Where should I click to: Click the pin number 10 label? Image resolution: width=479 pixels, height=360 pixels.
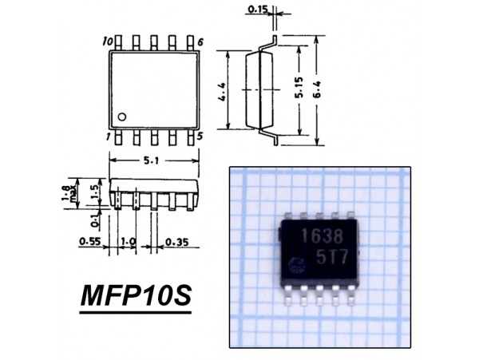point(108,42)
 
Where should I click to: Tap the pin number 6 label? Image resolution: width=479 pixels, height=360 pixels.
point(200,42)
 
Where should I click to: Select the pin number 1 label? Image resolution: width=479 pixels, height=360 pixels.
point(108,137)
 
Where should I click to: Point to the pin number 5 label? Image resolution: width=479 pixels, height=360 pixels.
point(200,136)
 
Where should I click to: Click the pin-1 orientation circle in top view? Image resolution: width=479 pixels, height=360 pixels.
point(122,117)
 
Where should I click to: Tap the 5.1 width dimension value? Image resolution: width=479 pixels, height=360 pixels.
point(151,160)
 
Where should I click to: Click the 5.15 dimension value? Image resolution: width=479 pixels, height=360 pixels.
point(299,88)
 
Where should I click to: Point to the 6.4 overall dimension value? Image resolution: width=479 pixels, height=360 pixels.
point(317,89)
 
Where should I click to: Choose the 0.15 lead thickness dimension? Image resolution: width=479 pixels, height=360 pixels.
point(257,10)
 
